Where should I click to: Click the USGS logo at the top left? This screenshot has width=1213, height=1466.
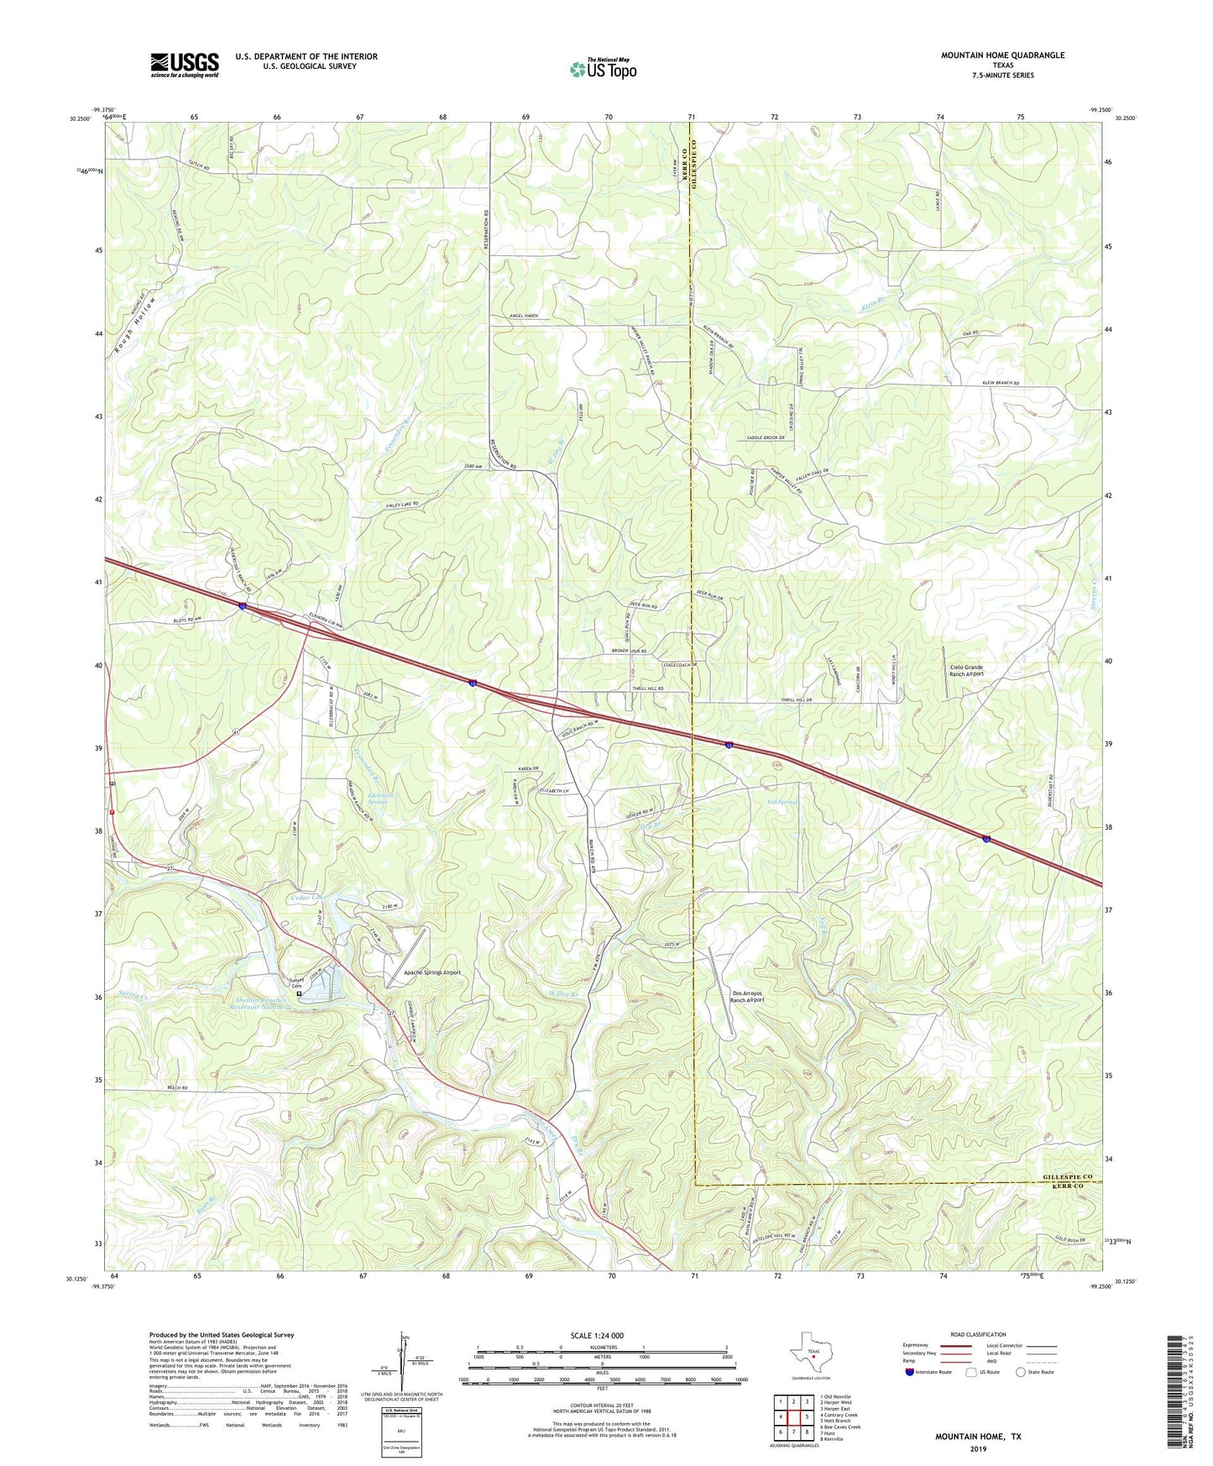[x=185, y=64]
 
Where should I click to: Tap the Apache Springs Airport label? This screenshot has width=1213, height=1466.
[x=427, y=972]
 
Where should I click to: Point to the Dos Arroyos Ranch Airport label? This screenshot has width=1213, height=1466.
[x=747, y=996]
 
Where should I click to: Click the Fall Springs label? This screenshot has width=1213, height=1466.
[x=782, y=802]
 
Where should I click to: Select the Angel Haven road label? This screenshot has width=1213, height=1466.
[x=524, y=316]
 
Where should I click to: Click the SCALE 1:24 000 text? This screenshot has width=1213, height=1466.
[x=596, y=1335]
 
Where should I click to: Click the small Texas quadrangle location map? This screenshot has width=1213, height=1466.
[x=810, y=1355]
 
